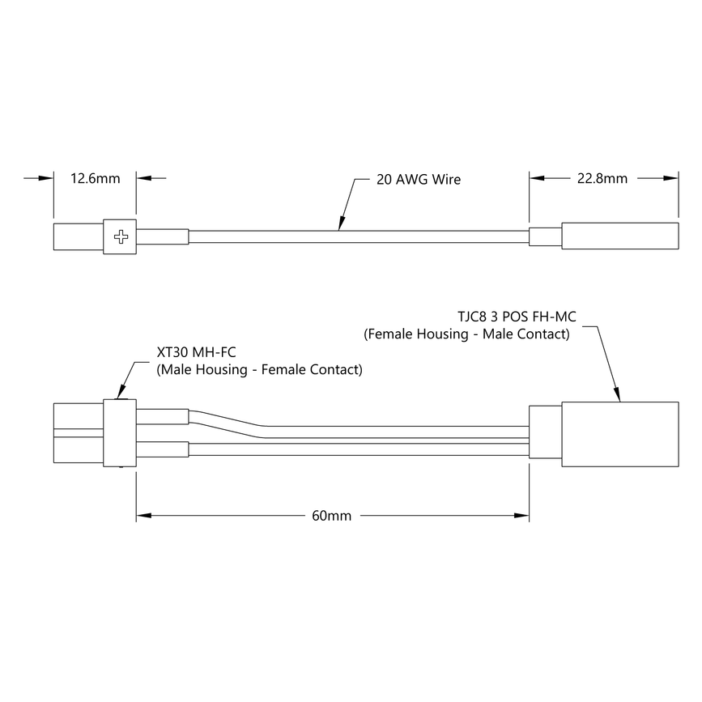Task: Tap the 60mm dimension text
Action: coord(332,515)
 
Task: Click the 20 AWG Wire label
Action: coord(419,179)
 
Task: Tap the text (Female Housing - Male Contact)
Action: coord(466,334)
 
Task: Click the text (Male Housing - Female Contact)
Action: coord(259,370)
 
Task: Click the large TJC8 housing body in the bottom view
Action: coord(619,434)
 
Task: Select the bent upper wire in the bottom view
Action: coord(243,423)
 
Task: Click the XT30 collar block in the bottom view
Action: coord(119,433)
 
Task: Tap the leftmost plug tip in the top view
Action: coord(78,236)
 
